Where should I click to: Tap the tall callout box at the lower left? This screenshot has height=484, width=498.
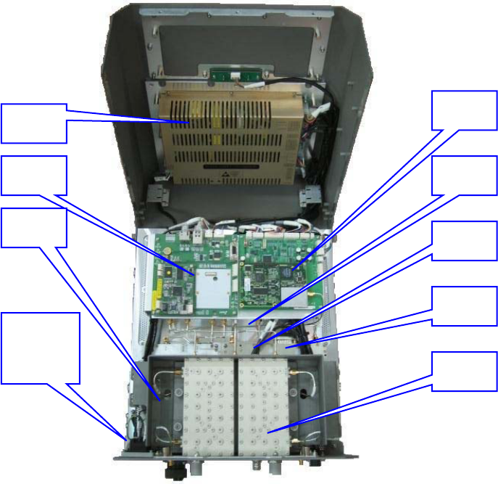[x=39, y=348]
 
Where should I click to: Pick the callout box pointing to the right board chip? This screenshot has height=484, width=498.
[x=465, y=112]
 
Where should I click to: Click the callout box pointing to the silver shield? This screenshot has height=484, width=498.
[x=33, y=175]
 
